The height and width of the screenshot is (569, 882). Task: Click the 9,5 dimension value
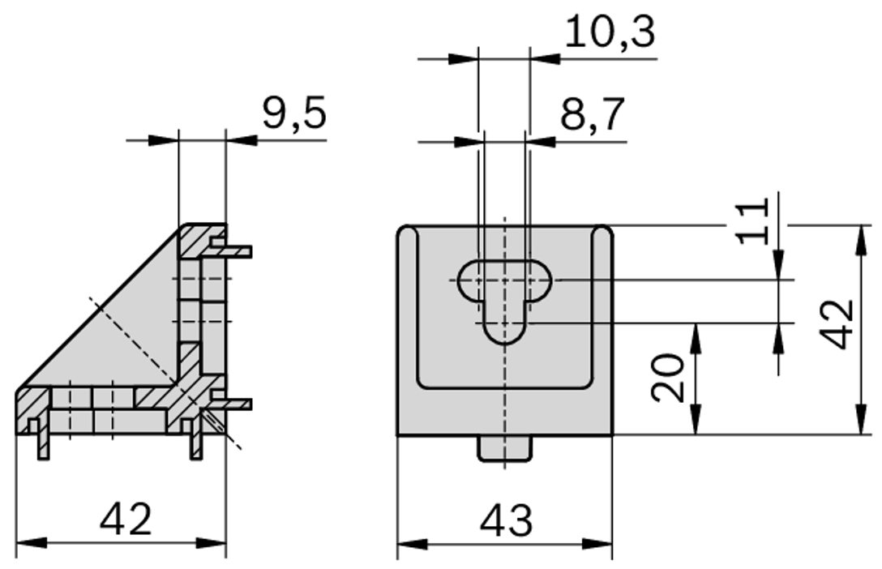(x=293, y=115)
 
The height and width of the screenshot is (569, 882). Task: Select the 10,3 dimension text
(x=610, y=34)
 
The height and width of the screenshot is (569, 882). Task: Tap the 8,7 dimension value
(x=593, y=117)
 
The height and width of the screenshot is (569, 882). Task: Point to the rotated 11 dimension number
(x=753, y=221)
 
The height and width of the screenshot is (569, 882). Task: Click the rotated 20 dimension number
(x=670, y=379)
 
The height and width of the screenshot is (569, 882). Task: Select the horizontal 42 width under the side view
(x=126, y=519)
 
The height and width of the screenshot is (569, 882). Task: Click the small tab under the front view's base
(x=504, y=448)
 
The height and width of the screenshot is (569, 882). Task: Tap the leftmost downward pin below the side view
(x=43, y=442)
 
